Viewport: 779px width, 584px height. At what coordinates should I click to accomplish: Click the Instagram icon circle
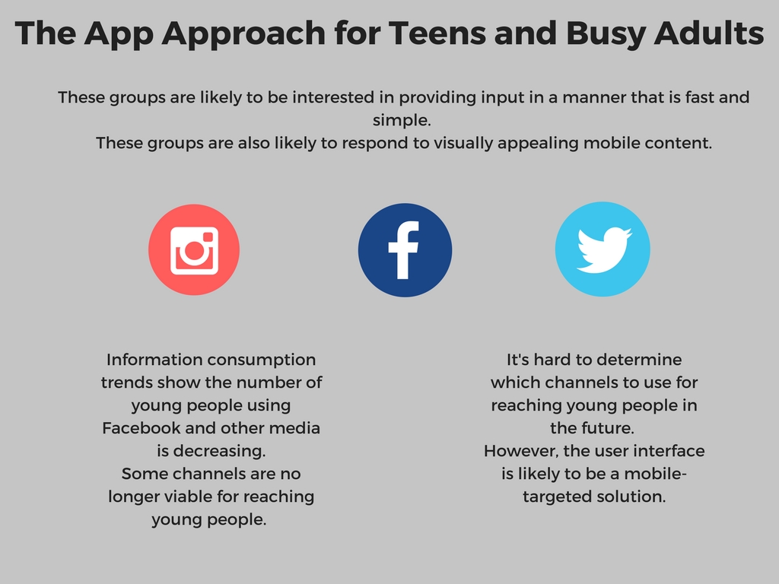point(194,249)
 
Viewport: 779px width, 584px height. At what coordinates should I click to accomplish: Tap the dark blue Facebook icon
point(405,249)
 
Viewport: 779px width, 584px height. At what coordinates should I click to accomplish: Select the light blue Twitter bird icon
point(603,249)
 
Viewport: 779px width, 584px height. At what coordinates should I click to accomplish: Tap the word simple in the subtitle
point(402,120)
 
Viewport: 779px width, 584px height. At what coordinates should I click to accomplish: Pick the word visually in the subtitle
point(463,144)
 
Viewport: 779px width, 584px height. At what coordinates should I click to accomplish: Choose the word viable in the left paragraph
point(216,497)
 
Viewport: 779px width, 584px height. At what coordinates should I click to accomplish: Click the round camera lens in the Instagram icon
point(194,251)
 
